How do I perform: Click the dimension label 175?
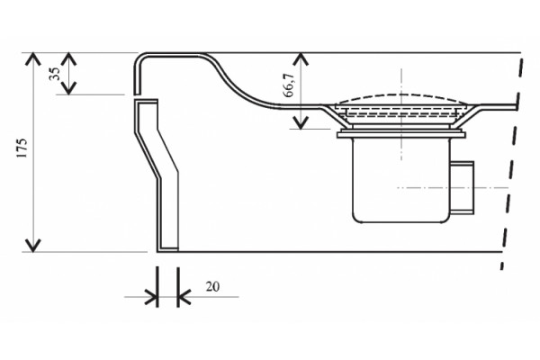pyautogui.click(x=22, y=148)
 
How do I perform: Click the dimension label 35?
pyautogui.click(x=54, y=74)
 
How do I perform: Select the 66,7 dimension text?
pyautogui.click(x=288, y=85)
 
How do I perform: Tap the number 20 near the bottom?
pyautogui.click(x=212, y=286)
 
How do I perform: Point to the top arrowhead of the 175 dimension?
pyautogui.click(x=33, y=58)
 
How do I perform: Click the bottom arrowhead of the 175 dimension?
pyautogui.click(x=33, y=246)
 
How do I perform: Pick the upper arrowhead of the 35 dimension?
pyautogui.click(x=69, y=58)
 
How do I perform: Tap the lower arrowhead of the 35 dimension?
pyautogui.click(x=69, y=89)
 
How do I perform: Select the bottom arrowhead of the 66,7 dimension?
pyautogui.click(x=301, y=123)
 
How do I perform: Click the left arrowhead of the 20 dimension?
pyautogui.click(x=151, y=297)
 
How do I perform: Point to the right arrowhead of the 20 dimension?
pyautogui.click(x=184, y=297)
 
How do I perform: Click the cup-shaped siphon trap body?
pyautogui.click(x=401, y=180)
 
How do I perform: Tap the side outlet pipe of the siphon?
pyautogui.click(x=463, y=188)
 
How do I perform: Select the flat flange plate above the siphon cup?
pyautogui.click(x=401, y=135)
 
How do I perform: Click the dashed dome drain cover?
pyautogui.click(x=401, y=98)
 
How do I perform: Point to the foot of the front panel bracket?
pyautogui.click(x=167, y=250)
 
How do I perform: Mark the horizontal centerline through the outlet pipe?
pyautogui.click(x=453, y=188)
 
